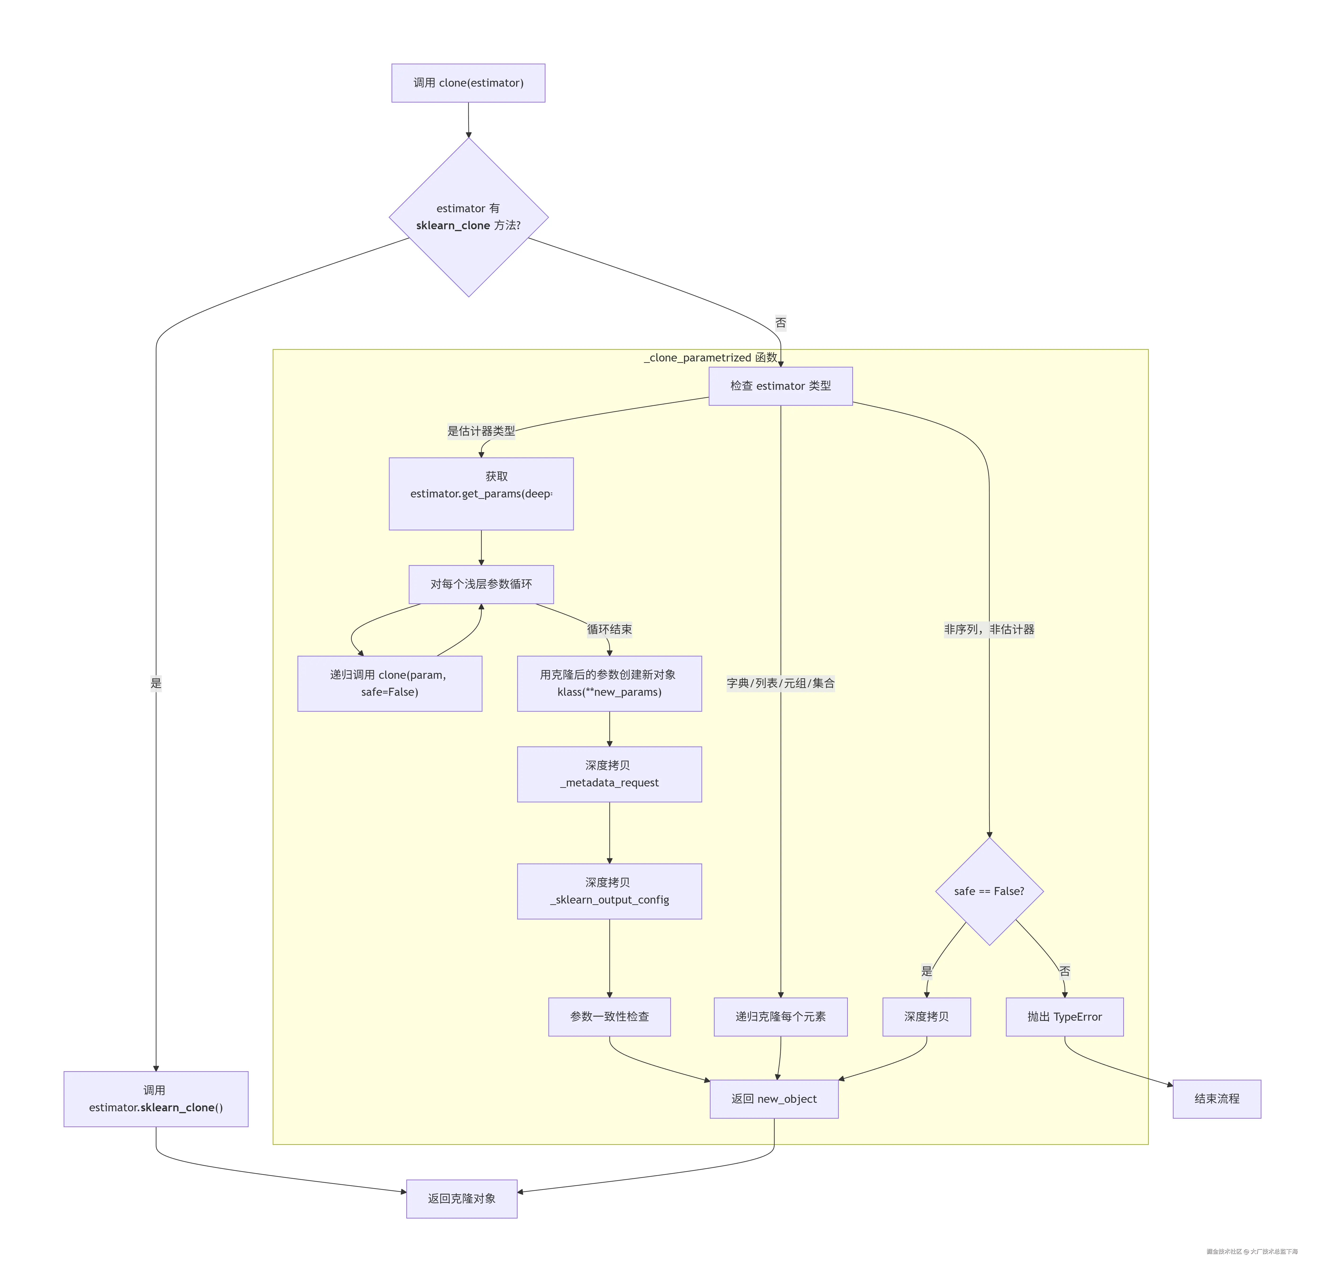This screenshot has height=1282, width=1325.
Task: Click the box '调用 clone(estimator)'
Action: point(468,83)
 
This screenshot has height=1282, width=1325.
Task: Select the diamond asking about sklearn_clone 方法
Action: point(468,217)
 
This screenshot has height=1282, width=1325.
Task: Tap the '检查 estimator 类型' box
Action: point(780,386)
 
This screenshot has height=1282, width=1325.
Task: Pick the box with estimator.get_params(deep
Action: point(481,493)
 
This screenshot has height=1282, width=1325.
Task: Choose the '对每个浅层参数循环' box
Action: point(481,584)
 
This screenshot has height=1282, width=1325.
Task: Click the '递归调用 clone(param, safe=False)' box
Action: point(389,683)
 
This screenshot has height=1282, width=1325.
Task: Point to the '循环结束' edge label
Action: point(609,629)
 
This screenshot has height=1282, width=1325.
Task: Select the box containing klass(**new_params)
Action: point(609,683)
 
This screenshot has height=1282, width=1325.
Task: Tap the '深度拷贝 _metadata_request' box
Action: point(609,774)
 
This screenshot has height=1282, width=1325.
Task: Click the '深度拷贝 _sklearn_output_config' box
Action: point(609,891)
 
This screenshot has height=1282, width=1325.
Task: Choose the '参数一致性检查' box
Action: point(609,1016)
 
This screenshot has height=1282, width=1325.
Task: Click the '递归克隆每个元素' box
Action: point(780,1016)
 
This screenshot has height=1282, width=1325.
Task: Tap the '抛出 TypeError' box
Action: point(1064,1016)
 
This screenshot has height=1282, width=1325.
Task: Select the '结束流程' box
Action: point(1216,1099)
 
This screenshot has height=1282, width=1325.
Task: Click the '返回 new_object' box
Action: point(773,1099)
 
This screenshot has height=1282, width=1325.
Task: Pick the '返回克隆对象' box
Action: point(462,1198)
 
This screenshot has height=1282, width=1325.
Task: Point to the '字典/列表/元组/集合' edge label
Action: point(780,683)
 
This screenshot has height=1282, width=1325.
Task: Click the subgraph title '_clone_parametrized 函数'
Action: point(710,357)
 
